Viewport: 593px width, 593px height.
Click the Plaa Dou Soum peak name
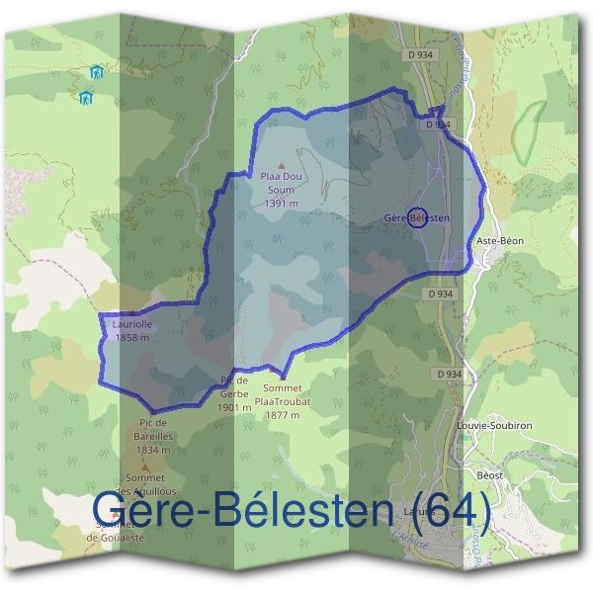tap(281, 182)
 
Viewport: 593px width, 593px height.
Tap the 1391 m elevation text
tap(281, 204)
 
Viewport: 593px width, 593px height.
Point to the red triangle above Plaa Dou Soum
tap(281, 166)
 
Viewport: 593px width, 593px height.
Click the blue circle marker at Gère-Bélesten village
tap(417, 218)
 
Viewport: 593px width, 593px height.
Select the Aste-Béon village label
tap(499, 241)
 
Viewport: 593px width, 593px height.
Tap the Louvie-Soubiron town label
tap(494, 425)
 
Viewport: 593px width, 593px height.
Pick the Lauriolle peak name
tap(131, 324)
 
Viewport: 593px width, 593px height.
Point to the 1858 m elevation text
tap(131, 337)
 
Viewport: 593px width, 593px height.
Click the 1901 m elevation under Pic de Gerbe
tap(234, 406)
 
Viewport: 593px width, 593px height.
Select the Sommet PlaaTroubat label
tap(282, 395)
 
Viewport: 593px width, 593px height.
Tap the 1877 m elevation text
tap(282, 415)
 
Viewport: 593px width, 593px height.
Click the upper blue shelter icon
tap(96, 72)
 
